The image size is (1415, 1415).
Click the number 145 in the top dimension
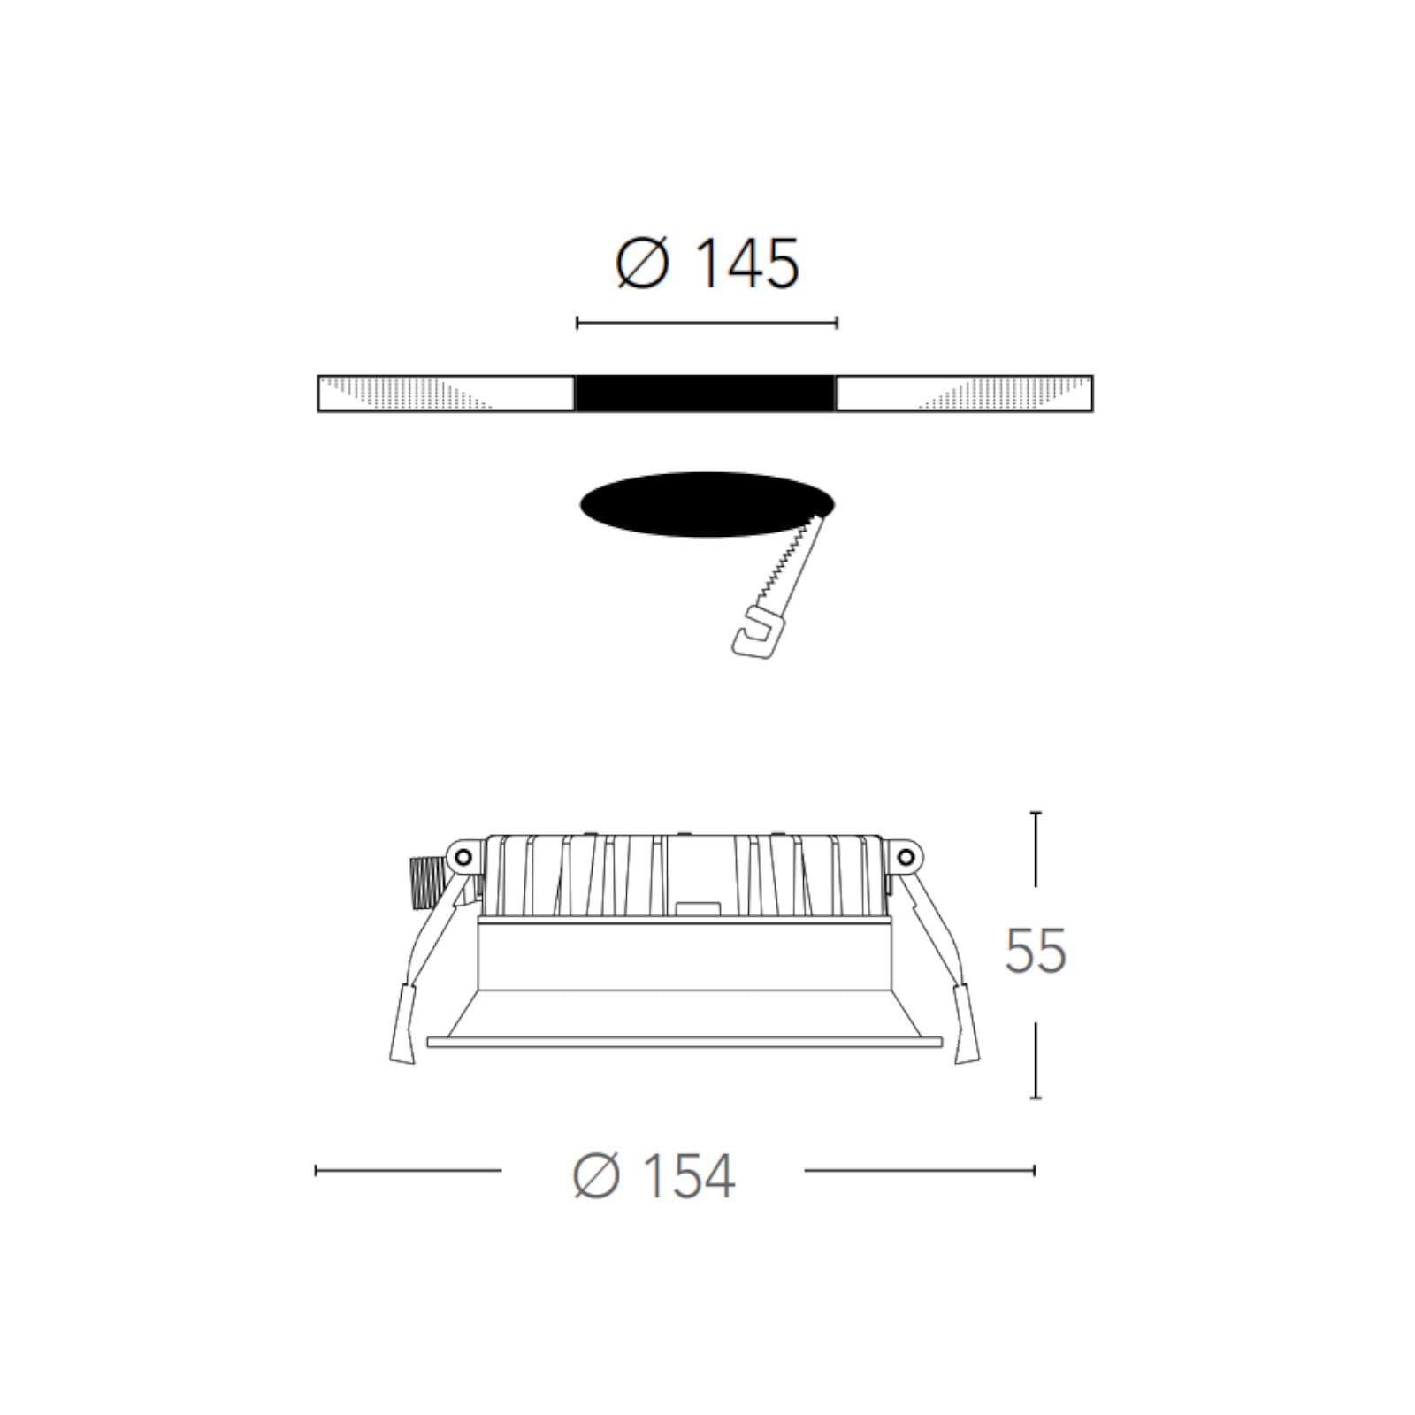point(747,263)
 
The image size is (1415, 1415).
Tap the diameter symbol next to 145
point(642,263)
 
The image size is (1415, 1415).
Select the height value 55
point(1036,952)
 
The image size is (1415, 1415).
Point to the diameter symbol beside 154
point(598,1176)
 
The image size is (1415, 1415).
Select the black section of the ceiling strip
point(706,394)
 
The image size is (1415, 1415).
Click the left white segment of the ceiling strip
point(446,394)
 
